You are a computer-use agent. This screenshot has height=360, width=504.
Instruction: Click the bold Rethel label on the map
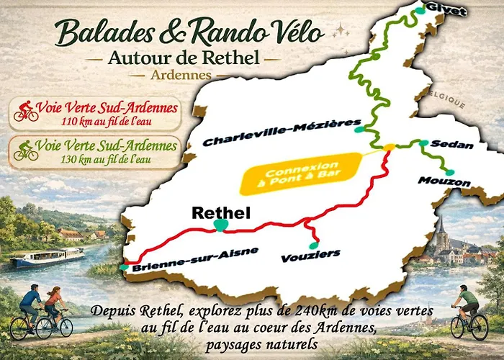point(220,212)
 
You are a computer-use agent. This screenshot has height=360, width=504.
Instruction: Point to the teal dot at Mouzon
point(451,171)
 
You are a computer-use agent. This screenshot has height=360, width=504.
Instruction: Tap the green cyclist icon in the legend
point(27,151)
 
